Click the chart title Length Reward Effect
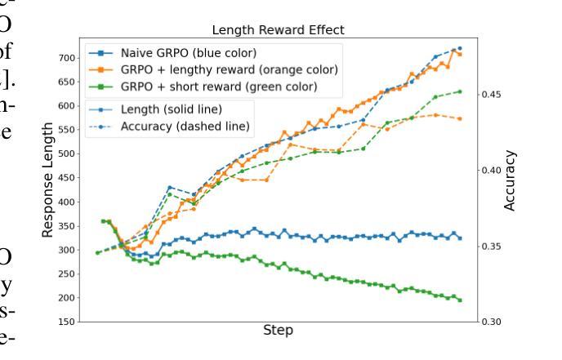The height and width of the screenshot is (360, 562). coord(279,30)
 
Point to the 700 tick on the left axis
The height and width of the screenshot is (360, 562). coord(66,58)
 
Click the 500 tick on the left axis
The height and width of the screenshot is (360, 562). coord(66,153)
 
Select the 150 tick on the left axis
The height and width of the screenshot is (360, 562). coord(66,322)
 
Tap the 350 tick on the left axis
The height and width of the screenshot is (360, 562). coord(66,225)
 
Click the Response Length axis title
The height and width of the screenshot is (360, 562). coord(48,180)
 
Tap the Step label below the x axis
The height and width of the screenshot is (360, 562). coord(278,331)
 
